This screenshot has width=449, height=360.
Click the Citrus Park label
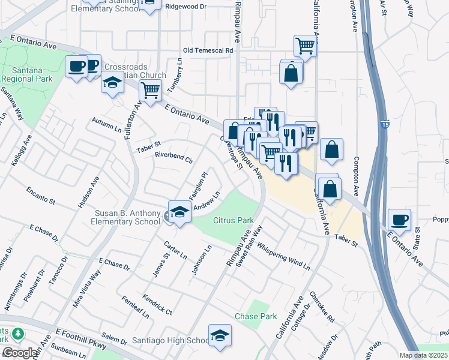(x=234, y=221)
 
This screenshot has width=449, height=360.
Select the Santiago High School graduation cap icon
(x=220, y=336)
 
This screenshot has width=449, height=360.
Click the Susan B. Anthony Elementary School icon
(x=179, y=212)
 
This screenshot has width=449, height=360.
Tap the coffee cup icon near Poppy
(x=399, y=220)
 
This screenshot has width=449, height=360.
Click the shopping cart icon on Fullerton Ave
(x=149, y=92)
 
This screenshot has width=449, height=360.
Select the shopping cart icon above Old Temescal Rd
(x=306, y=46)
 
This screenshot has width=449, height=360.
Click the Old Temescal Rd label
(x=208, y=51)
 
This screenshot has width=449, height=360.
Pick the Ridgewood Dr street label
(x=185, y=7)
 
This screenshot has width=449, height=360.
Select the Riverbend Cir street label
(x=173, y=160)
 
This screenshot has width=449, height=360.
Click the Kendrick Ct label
(x=157, y=304)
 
